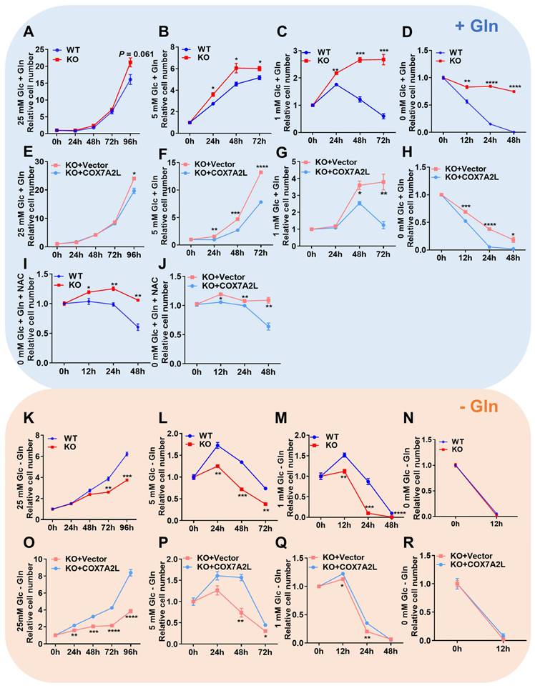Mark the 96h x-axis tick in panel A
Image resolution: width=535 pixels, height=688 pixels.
point(131,141)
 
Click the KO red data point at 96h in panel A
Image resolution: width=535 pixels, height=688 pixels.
point(131,63)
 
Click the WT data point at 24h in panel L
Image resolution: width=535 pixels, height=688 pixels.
point(215,445)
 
